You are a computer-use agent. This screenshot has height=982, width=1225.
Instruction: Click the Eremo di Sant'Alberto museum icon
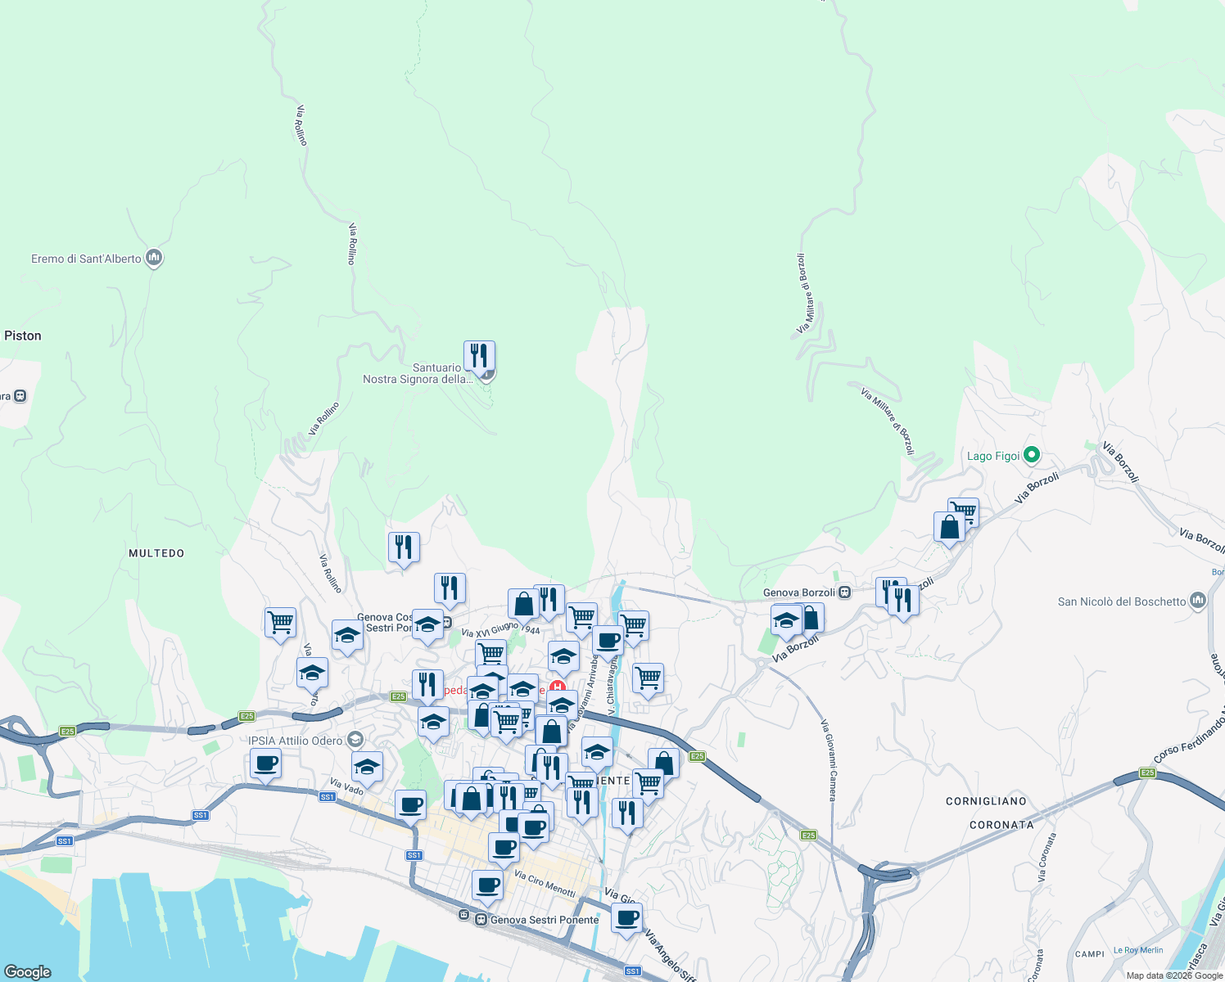coord(154,259)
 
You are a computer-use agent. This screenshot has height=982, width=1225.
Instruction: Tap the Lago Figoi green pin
coord(1032,455)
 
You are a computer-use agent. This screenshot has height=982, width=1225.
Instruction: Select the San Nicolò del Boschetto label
coord(1121,601)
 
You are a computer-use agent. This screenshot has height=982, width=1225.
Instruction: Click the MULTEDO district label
coord(156,553)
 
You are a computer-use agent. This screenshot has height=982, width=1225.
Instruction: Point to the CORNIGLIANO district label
coord(986,801)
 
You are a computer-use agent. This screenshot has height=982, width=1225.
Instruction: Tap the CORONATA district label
coord(1001,825)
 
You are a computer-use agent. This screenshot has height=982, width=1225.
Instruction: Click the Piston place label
coord(23,336)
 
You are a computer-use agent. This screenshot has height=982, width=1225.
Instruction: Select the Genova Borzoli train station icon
coord(844,592)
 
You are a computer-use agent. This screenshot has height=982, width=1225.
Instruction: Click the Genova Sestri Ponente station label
coord(545,920)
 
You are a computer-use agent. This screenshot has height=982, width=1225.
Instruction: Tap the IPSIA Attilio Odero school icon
coord(355,740)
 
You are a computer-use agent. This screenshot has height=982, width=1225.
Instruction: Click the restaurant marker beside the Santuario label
coord(479,356)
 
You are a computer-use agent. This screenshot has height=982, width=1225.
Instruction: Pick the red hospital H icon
coord(558,687)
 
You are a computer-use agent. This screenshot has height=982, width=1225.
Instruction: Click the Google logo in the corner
coord(27,971)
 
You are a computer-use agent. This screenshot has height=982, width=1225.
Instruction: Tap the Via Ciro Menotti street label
coord(545,884)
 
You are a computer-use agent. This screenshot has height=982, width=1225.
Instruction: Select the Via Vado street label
coord(346,786)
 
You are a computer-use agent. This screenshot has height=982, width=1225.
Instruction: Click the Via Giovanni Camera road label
coord(830,760)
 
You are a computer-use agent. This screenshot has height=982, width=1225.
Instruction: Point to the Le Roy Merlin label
coord(1138,950)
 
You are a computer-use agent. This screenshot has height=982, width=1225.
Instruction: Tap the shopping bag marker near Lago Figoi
coord(949,526)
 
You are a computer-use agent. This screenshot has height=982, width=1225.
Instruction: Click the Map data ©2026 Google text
coord(1174,975)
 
